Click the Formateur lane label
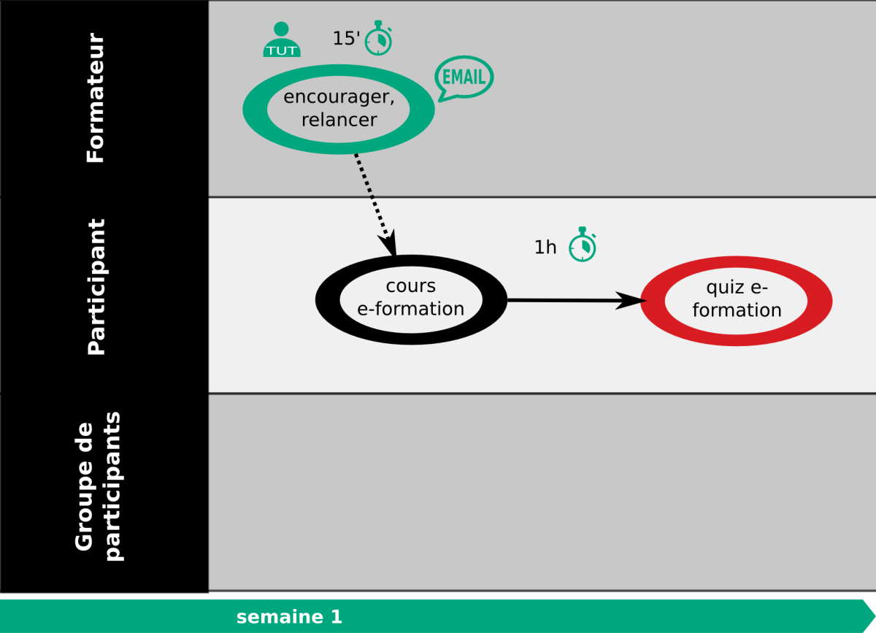[96, 98]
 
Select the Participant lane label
[96, 287]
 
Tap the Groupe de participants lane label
[99, 486]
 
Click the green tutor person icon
[282, 39]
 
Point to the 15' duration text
[346, 39]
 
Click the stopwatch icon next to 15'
[379, 38]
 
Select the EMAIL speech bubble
[464, 78]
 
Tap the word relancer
[339, 120]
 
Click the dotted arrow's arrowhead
[390, 242]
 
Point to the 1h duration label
[545, 248]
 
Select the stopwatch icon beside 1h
[583, 244]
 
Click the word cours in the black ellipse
[410, 286]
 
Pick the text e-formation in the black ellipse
[410, 309]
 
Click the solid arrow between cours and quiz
[577, 301]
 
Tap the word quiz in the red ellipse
[723, 288]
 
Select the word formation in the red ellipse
[737, 310]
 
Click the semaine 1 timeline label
[289, 617]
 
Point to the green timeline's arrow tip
[875, 615]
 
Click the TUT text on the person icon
[282, 51]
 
